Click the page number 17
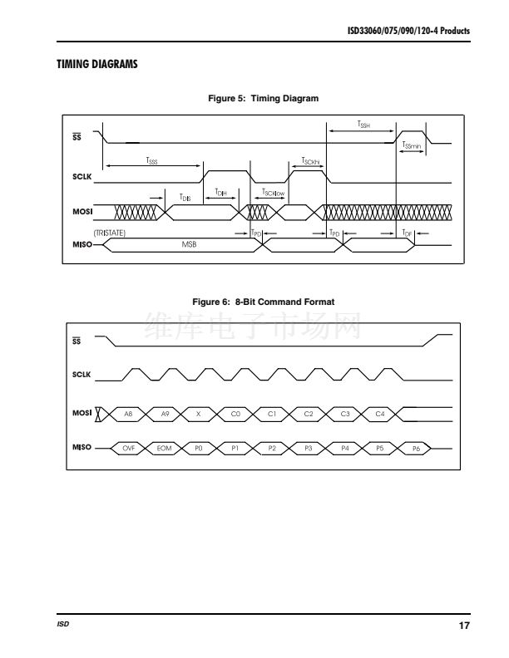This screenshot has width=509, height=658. click(x=464, y=625)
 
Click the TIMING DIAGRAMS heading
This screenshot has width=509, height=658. click(x=96, y=64)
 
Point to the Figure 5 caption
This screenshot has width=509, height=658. click(x=263, y=99)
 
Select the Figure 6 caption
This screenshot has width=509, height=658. click(x=263, y=302)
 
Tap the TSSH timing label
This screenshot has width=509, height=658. click(x=363, y=124)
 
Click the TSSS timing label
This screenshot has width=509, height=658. click(x=151, y=160)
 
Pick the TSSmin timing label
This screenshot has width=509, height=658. click(x=413, y=145)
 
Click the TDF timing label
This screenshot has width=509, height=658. click(x=408, y=233)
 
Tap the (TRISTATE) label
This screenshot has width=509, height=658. click(x=110, y=233)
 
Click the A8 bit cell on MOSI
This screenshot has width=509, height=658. click(x=128, y=413)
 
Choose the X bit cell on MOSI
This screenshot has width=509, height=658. click(x=198, y=413)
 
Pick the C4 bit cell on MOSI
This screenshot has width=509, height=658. click(x=380, y=413)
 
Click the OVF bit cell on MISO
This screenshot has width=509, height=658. click(x=128, y=448)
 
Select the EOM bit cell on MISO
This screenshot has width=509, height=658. click(x=164, y=448)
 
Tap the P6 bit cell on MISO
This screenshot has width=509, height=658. click(x=416, y=448)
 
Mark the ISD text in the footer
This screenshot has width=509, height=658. click(x=63, y=625)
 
